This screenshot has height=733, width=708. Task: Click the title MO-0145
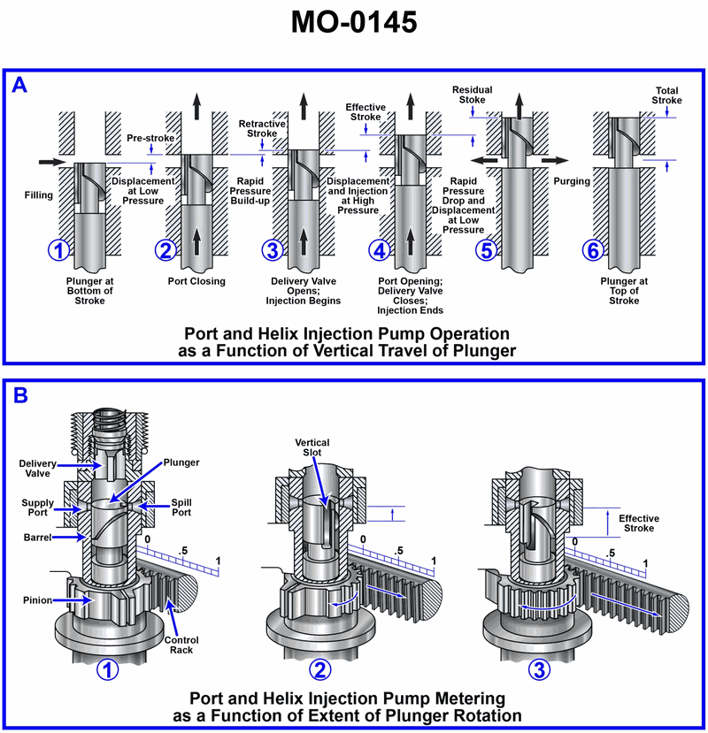[354, 23]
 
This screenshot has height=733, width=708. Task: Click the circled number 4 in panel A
[380, 250]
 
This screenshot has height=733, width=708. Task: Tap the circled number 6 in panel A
[592, 250]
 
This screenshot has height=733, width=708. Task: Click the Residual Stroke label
[472, 95]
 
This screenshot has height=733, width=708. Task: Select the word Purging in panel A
[571, 181]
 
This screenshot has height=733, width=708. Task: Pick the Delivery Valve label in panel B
[39, 467]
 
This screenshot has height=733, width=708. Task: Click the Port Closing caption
[196, 281]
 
